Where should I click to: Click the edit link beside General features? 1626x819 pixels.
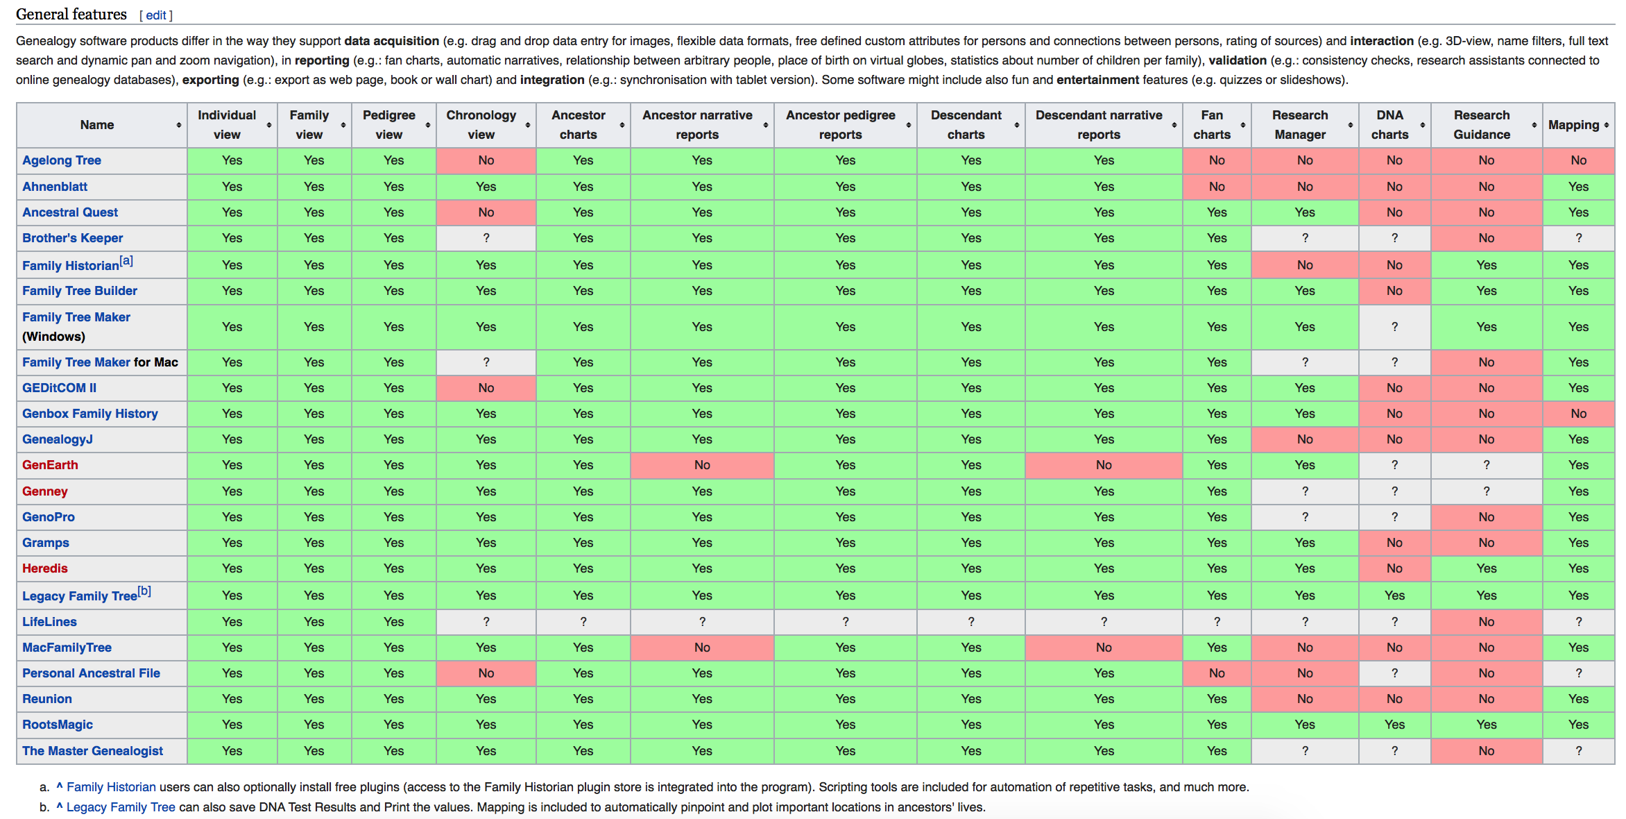[156, 15]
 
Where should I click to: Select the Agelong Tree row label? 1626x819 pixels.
[62, 160]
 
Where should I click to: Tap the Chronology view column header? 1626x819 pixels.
[481, 125]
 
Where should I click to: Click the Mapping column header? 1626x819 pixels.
[1573, 125]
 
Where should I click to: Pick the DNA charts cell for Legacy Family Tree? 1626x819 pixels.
[1394, 596]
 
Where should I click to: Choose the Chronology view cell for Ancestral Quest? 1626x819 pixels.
[486, 212]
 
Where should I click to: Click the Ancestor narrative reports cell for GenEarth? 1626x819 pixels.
[702, 465]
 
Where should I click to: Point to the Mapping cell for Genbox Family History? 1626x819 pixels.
[1578, 414]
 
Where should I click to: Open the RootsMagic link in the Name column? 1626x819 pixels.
[58, 725]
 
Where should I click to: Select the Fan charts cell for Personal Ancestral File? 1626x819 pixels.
[1217, 673]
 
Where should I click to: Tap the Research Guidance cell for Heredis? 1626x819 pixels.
[1486, 568]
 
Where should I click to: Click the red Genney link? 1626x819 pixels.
[45, 491]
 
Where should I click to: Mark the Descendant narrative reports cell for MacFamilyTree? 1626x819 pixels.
[1104, 648]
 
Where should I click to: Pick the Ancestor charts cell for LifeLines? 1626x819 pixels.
[583, 622]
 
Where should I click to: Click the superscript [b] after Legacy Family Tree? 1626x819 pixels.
[144, 591]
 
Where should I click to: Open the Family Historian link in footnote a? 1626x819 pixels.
[111, 787]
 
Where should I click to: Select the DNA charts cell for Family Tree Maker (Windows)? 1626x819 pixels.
[1394, 327]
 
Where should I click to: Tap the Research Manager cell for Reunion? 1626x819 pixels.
[1305, 699]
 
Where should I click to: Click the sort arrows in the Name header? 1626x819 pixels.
[179, 125]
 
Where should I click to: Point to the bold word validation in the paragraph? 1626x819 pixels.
[1238, 60]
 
